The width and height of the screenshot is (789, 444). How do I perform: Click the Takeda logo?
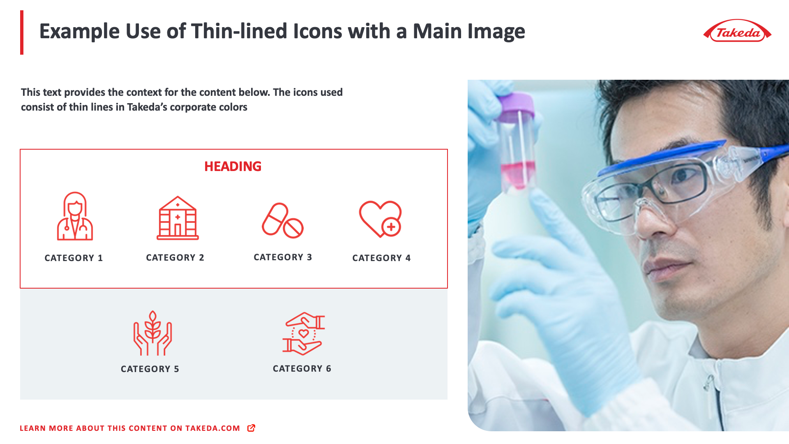[x=738, y=31]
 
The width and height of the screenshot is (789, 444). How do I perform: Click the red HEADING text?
[x=233, y=166]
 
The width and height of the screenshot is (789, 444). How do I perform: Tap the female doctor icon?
[x=75, y=217]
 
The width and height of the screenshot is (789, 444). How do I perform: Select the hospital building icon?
[x=178, y=218]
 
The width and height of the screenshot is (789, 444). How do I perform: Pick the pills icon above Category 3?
[x=283, y=221]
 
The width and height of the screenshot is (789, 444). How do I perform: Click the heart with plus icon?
[x=381, y=219]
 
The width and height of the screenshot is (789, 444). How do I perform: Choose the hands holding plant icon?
[x=152, y=333]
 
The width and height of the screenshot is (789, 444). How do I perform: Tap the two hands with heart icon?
[x=304, y=333]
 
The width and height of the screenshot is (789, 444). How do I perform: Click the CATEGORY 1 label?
[x=74, y=258]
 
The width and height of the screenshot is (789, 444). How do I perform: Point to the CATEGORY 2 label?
[x=175, y=258]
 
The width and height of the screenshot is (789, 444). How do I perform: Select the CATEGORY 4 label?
[x=381, y=258]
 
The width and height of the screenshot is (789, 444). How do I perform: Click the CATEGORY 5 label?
[x=150, y=369]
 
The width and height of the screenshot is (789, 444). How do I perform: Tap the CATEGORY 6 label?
[x=302, y=369]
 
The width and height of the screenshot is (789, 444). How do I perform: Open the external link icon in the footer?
[x=251, y=428]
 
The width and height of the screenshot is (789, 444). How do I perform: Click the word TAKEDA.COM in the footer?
[x=212, y=428]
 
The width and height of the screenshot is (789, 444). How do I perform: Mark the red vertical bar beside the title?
[x=22, y=32]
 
